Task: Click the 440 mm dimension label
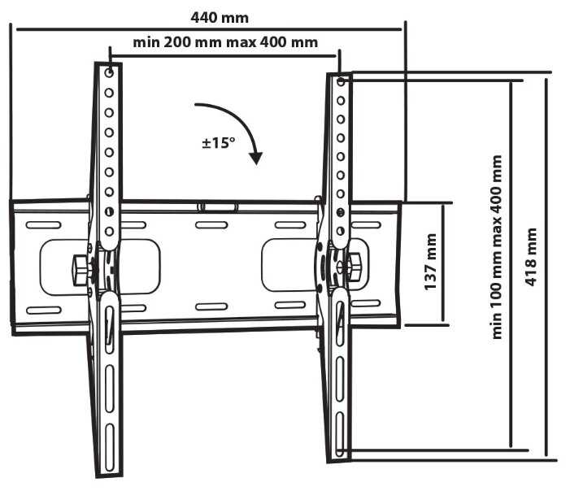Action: pyautogui.click(x=220, y=16)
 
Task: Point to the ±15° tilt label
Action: pyautogui.click(x=219, y=143)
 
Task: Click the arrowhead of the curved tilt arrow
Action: pyautogui.click(x=256, y=157)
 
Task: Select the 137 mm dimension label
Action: pyautogui.click(x=431, y=263)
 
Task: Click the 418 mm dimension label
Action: pyautogui.click(x=532, y=255)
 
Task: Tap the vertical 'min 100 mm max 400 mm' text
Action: pyautogui.click(x=498, y=247)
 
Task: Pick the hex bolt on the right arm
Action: pyautogui.click(x=355, y=266)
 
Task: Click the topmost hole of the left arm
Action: pyautogui.click(x=109, y=73)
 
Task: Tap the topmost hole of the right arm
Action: pyautogui.click(x=341, y=82)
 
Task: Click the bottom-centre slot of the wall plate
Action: pyautogui.click(x=211, y=306)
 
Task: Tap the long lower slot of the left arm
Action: pyautogui.click(x=108, y=382)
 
